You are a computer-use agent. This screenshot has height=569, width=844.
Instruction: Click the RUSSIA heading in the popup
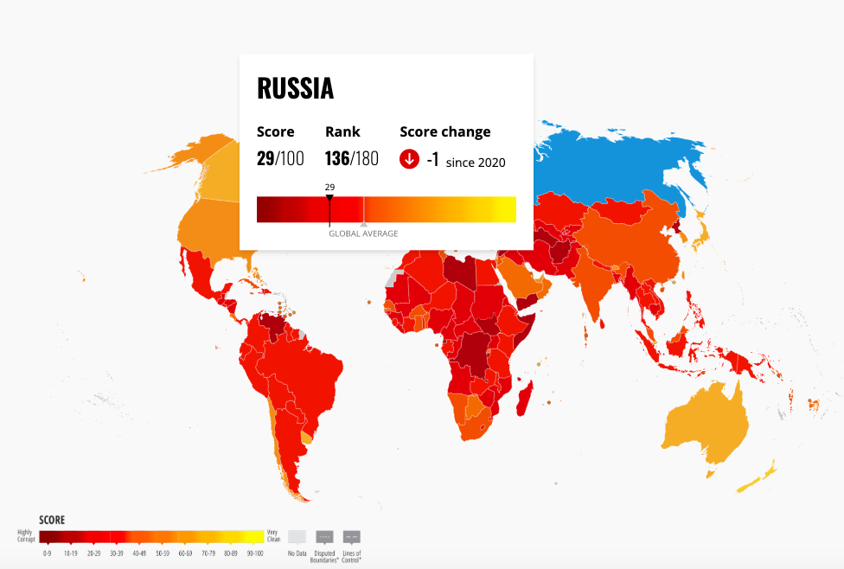[296, 88]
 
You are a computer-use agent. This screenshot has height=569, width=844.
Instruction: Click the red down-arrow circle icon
[409, 160]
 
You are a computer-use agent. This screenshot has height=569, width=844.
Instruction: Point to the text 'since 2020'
[476, 163]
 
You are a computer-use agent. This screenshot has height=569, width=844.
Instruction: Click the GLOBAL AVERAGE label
[363, 233]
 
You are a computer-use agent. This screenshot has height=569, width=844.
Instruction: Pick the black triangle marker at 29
[329, 199]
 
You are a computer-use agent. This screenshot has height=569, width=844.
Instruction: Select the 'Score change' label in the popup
[444, 131]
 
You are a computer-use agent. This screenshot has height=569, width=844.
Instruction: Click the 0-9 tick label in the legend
[47, 553]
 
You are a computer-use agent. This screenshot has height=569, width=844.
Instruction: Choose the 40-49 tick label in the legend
[139, 553]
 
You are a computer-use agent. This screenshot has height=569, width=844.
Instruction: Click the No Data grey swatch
[297, 536]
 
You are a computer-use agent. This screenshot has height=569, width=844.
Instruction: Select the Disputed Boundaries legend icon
[325, 536]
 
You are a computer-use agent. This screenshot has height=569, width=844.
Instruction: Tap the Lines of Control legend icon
[352, 536]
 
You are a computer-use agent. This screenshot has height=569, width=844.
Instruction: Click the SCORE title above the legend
[52, 521]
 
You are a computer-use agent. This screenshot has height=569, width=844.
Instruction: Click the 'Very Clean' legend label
[274, 536]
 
